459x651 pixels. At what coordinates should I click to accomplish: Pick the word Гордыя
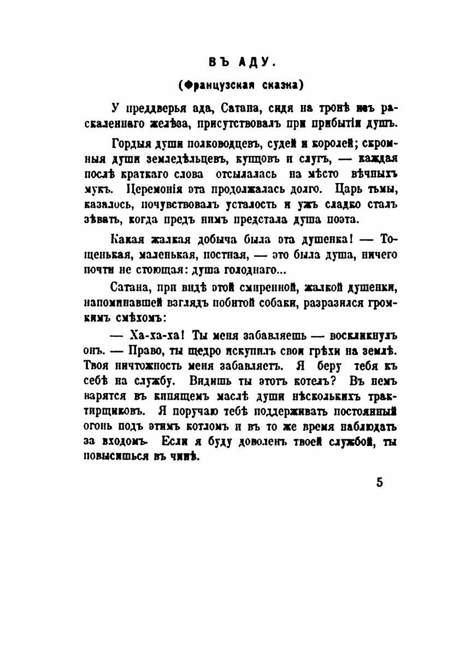(130, 145)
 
